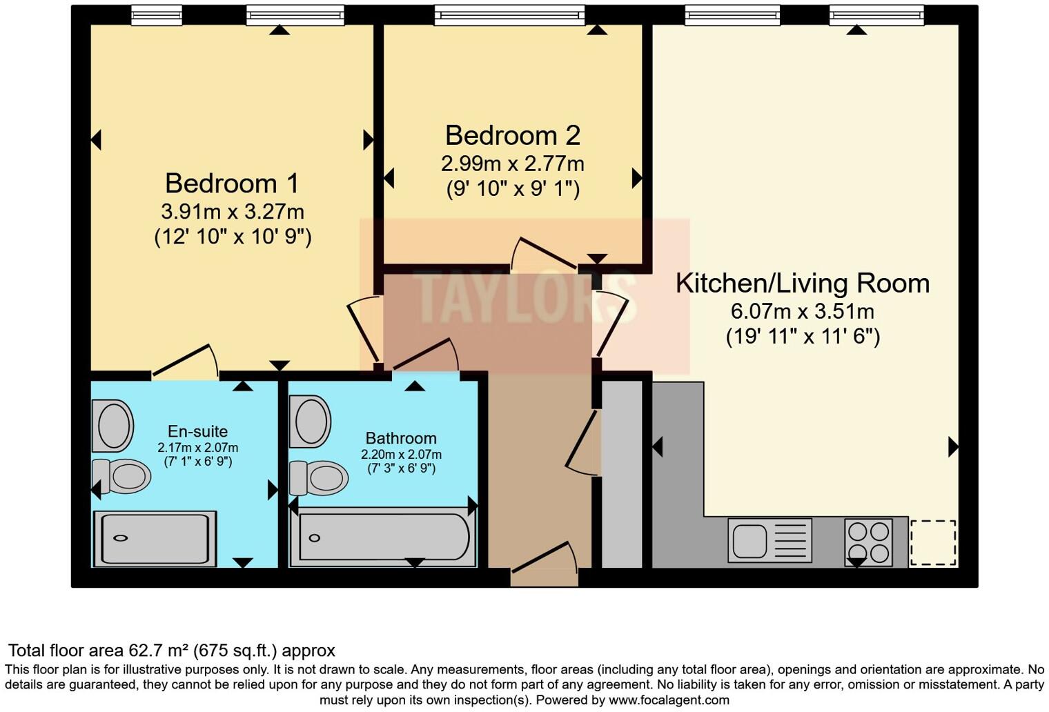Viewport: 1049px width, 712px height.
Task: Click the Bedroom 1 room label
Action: pos(232,184)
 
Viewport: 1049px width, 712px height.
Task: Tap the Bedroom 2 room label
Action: pos(512,135)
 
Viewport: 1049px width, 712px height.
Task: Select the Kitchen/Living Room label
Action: pos(802,284)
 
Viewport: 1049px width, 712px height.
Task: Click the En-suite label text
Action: pos(197,432)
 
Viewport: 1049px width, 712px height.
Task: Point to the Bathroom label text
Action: pos(401,438)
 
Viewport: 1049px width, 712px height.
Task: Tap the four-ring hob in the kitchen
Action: pos(869,542)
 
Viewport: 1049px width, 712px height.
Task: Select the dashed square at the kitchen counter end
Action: pos(933,543)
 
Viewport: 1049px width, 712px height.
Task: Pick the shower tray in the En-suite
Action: pos(155,539)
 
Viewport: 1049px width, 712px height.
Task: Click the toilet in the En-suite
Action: pos(123,476)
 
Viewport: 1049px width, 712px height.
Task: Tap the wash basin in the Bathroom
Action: pos(311,421)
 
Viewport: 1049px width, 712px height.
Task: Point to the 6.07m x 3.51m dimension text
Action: pos(802,311)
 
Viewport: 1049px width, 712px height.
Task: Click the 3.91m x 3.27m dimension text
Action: pos(232,211)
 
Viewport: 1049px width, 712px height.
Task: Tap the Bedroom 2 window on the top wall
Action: pos(509,14)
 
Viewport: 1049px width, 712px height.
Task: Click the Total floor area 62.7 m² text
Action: pos(171,651)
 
